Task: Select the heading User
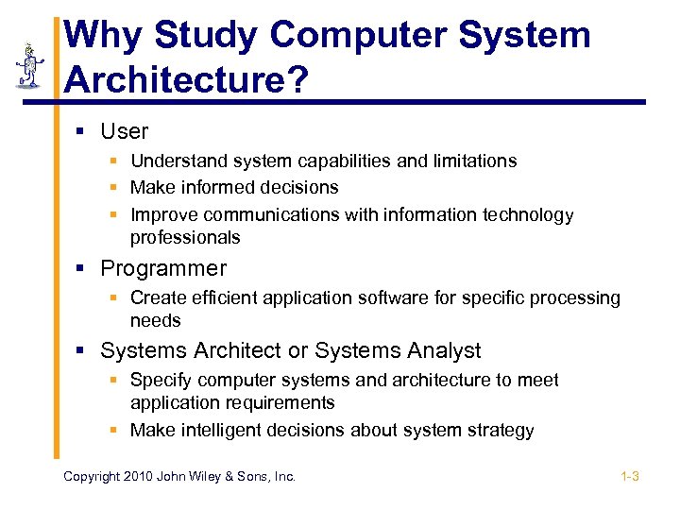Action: [x=125, y=131]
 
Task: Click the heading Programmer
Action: [x=163, y=268]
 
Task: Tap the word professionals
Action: [x=185, y=237]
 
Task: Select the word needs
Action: [x=155, y=320]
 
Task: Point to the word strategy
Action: [x=501, y=430]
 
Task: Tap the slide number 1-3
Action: [x=630, y=476]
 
